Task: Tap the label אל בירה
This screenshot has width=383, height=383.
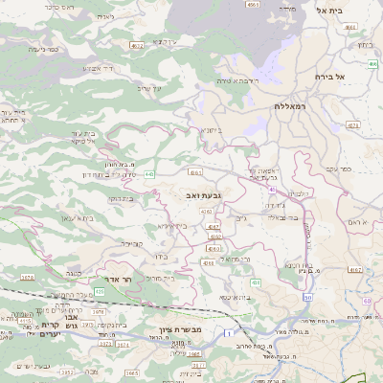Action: (x=340, y=75)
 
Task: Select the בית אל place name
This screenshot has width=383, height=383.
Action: (x=355, y=10)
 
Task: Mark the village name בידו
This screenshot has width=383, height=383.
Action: (x=159, y=256)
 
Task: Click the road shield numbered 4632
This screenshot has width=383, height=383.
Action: (x=137, y=44)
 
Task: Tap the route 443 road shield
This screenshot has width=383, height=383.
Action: (x=150, y=174)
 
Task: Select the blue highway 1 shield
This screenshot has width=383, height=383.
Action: (x=228, y=332)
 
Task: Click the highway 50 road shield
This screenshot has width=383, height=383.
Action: (x=307, y=297)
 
